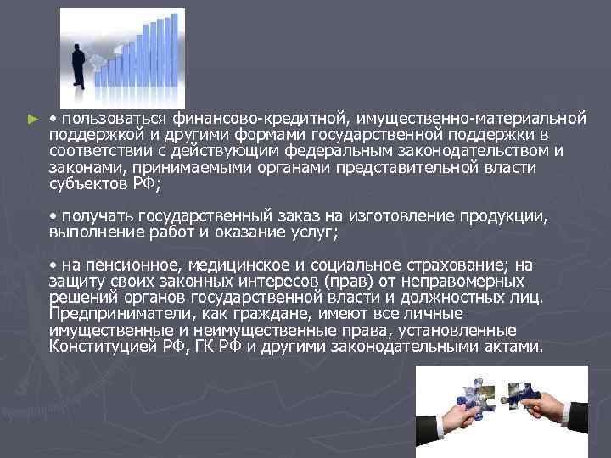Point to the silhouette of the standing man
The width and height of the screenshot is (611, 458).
click(x=79, y=66)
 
